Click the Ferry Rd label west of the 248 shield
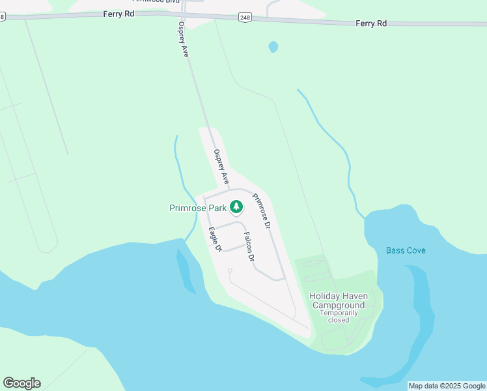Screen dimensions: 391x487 pyautogui.click(x=118, y=13)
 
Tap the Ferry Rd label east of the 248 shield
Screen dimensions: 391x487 pyautogui.click(x=371, y=23)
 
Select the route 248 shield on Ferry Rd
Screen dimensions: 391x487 pyautogui.click(x=244, y=18)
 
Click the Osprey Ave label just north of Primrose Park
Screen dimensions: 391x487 pyautogui.click(x=221, y=166)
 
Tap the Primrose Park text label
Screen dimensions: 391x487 pyautogui.click(x=198, y=208)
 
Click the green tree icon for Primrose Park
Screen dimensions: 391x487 pyautogui.click(x=236, y=208)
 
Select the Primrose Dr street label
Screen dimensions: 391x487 pyautogui.click(x=261, y=211)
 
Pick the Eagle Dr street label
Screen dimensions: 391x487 pyautogui.click(x=216, y=239)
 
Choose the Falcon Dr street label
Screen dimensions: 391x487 pyautogui.click(x=248, y=247)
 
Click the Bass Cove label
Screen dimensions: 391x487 pyautogui.click(x=405, y=250)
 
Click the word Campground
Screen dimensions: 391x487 pyautogui.click(x=338, y=305)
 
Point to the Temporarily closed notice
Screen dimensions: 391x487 pyautogui.click(x=338, y=316)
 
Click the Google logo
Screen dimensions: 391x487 pyautogui.click(x=21, y=383)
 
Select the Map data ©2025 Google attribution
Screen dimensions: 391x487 pyautogui.click(x=447, y=386)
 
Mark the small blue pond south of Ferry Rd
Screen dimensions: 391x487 pyautogui.click(x=273, y=47)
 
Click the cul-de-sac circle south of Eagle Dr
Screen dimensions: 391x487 pyautogui.click(x=230, y=270)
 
